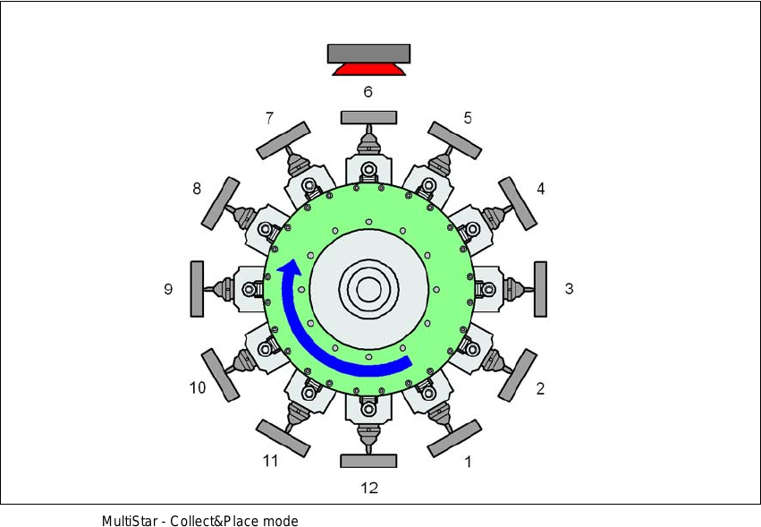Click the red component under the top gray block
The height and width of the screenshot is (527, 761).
point(368,70)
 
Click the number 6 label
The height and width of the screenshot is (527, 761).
point(368,91)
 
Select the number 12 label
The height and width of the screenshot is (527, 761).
point(369,487)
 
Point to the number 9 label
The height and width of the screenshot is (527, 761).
point(168,289)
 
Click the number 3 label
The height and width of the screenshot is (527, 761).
point(570,288)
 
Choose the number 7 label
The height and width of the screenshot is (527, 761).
point(269,117)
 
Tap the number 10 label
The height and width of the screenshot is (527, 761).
point(198,387)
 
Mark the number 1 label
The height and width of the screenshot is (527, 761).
point(468,462)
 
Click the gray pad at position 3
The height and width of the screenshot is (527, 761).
point(540,289)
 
